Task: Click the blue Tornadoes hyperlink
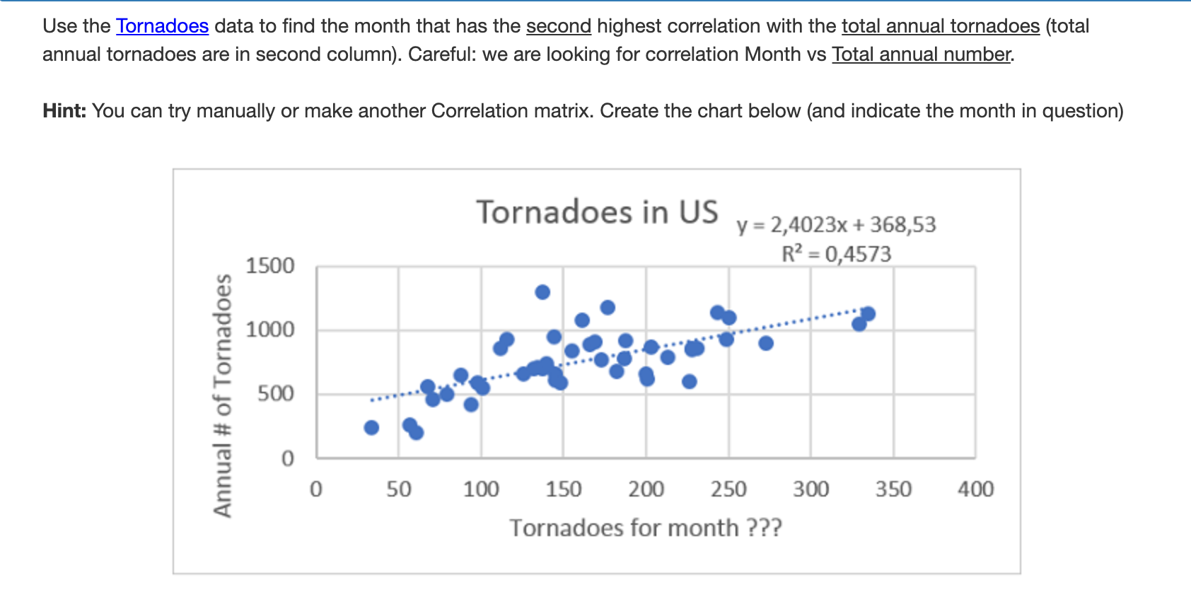point(162,26)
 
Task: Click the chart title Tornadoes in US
point(597,212)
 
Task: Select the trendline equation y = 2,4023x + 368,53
point(836,225)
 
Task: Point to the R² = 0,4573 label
point(836,254)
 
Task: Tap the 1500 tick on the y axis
point(269,266)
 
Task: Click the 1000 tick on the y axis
point(269,330)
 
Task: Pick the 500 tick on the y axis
point(275,393)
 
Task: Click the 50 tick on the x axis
point(399,489)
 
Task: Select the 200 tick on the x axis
point(646,489)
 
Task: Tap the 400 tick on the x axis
point(975,489)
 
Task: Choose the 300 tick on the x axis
point(811,489)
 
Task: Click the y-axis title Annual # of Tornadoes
point(223,396)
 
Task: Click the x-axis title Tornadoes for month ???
point(645,528)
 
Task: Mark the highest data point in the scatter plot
point(542,292)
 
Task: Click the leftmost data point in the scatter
point(371,427)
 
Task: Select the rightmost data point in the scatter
point(868,314)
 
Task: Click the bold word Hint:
point(64,111)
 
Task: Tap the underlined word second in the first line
point(558,26)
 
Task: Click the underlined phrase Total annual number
point(922,54)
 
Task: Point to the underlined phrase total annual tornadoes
point(940,26)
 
